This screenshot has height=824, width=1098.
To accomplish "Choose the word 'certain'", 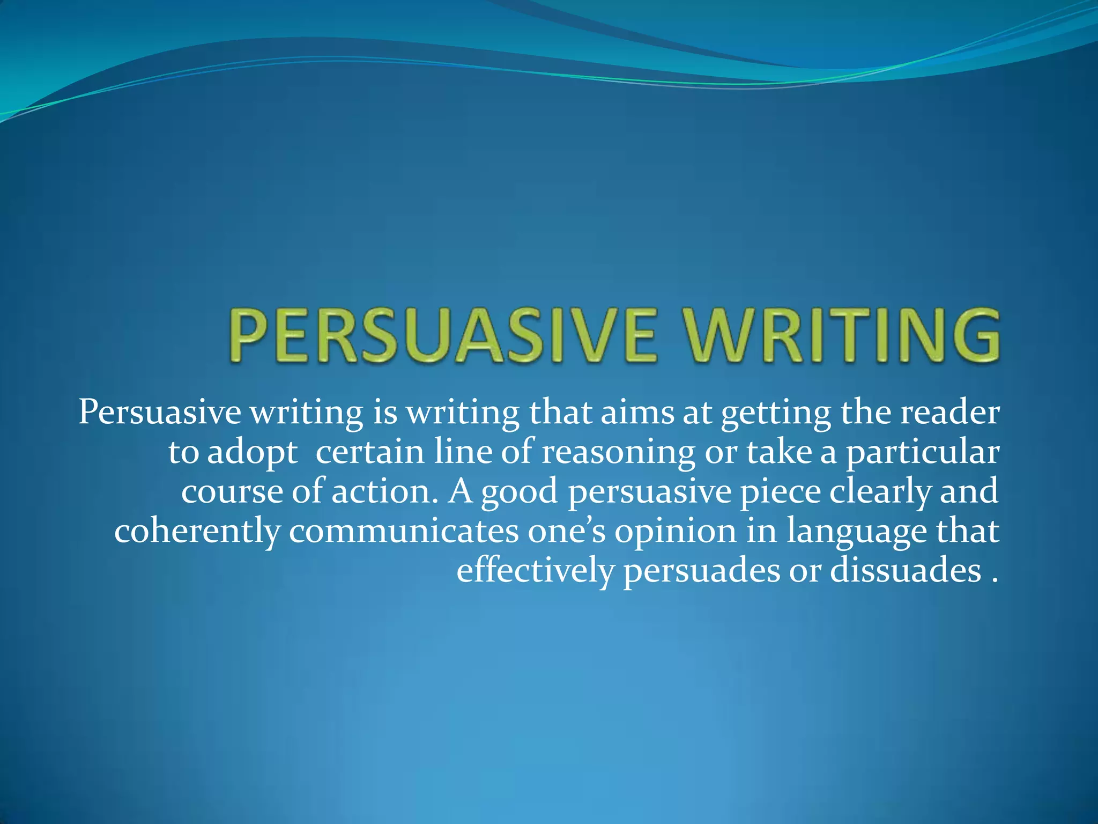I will [x=370, y=452].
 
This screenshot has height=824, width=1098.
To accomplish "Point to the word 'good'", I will [x=519, y=492].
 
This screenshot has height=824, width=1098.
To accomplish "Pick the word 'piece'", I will [x=780, y=492].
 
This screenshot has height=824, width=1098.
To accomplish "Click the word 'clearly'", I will [x=879, y=492].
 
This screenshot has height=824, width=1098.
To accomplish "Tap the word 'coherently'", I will [x=197, y=532].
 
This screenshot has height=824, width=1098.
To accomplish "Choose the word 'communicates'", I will [x=404, y=531].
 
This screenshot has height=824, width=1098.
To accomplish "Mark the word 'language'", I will [x=856, y=532].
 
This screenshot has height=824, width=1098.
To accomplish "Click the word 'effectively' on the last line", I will [x=535, y=571].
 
